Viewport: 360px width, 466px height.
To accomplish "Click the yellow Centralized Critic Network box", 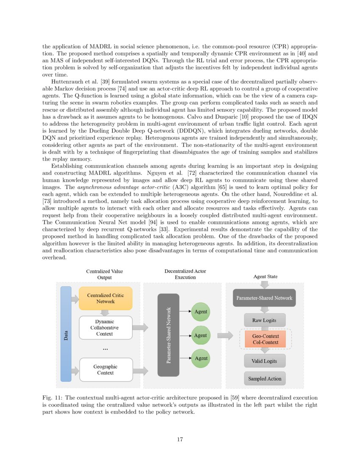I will coord(105,298).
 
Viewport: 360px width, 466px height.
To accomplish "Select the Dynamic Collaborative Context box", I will coord(105,327).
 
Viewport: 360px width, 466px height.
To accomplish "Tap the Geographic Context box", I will coord(105,369).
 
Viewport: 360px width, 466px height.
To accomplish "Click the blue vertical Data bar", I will coord(66,334).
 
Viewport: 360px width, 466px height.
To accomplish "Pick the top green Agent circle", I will coord(200,312).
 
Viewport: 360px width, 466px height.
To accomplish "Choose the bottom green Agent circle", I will coord(200,358).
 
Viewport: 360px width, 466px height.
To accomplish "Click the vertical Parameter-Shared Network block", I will coord(168,335).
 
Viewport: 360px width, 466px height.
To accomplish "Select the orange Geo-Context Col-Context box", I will coord(265,338).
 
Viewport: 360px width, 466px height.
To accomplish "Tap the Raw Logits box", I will coord(264,320).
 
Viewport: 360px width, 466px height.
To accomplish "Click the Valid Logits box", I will coord(265,361).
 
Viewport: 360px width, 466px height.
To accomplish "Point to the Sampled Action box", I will coord(265,379).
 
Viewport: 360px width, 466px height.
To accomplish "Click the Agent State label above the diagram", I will coord(266,277).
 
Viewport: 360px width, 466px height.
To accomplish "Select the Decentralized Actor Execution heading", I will coord(185,274).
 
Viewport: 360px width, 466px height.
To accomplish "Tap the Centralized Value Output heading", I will coord(105,274).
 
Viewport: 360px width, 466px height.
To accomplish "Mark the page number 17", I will coord(180,439).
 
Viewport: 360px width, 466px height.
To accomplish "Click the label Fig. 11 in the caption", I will coord(52,398).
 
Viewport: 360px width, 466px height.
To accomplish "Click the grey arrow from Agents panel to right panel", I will coord(225,336).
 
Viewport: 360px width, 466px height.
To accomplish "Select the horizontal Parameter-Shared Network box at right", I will coord(264,298).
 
